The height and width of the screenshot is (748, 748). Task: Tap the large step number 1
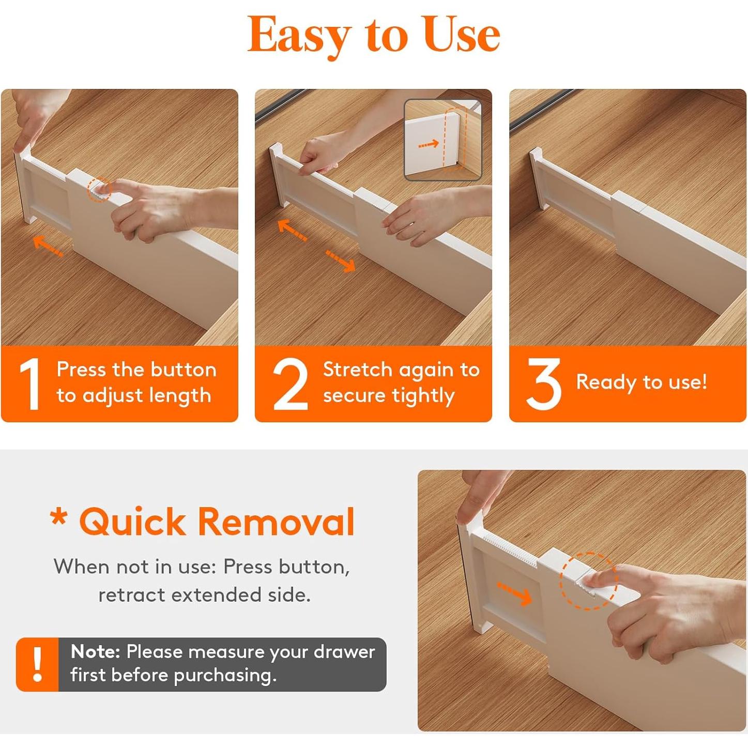coord(30,384)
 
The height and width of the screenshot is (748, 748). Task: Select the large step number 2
coord(291,384)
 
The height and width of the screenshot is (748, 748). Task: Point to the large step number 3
coord(543,384)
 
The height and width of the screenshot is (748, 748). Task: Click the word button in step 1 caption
coord(183,369)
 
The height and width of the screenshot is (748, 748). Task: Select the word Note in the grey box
coord(95,652)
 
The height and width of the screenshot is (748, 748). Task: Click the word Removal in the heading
coord(277,522)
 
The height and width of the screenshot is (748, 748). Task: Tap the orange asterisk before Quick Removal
coord(59,517)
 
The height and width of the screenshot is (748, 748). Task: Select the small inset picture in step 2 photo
coord(443,140)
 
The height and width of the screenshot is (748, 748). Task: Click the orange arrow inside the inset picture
coord(429,144)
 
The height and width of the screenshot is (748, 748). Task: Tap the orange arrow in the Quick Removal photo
coord(514,593)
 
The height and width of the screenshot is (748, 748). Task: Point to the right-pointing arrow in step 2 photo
coord(341,261)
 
